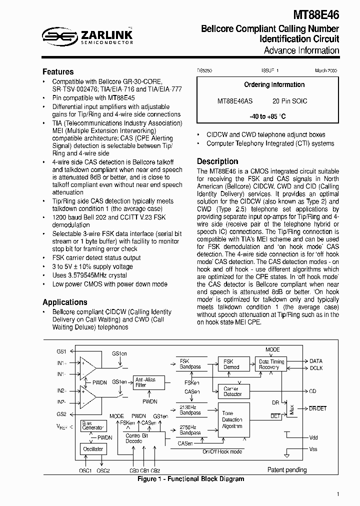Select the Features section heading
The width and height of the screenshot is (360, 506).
(x=58, y=71)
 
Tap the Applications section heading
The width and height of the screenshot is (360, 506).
(x=64, y=302)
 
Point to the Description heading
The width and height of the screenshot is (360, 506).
(x=217, y=161)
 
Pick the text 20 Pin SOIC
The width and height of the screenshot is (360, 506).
(x=290, y=101)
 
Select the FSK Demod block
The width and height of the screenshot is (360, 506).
(x=231, y=364)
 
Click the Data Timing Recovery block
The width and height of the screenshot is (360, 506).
(x=271, y=364)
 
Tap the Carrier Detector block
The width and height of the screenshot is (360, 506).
(x=231, y=391)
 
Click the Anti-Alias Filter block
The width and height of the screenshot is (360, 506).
(x=145, y=382)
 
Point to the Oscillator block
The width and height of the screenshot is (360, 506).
(x=92, y=449)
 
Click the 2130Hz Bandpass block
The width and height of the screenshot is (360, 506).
(x=190, y=410)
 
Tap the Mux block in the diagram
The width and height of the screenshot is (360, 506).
(x=291, y=409)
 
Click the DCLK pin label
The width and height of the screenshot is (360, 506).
(x=316, y=368)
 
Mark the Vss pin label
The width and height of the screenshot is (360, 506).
(x=313, y=449)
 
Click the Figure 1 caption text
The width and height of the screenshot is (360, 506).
(x=190, y=479)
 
